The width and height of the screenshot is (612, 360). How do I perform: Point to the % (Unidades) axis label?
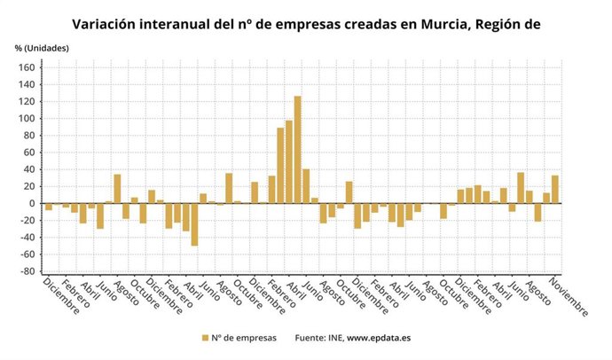41,47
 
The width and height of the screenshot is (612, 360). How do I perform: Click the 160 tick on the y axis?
26,67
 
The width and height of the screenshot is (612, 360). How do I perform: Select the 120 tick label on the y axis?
26,101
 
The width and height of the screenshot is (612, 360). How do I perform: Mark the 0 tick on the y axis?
31,203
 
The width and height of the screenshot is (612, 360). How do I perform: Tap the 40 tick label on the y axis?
28,169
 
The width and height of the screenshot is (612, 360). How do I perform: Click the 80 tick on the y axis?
28,136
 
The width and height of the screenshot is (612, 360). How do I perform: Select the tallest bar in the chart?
297,149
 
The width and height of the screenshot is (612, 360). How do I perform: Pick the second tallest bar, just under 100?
289,161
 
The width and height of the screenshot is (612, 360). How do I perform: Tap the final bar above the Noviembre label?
554,189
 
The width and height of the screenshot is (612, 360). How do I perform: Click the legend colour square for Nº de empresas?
205,338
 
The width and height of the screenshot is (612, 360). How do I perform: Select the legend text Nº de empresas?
244,338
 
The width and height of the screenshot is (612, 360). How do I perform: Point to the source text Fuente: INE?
318,338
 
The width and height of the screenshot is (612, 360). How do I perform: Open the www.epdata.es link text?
379,338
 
